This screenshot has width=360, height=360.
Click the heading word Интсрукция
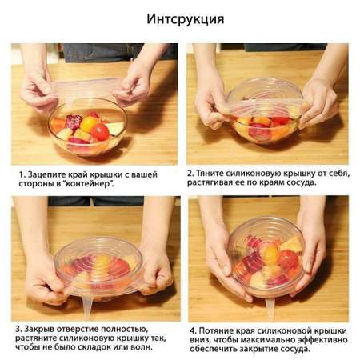coord(186,19)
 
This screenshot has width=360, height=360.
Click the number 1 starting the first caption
coord(22,175)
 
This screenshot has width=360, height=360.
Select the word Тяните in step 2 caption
coord(210,174)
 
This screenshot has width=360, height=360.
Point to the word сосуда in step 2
coord(300,183)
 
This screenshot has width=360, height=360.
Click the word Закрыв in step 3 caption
coord(39,329)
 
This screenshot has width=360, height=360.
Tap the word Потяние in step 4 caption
coord(216,331)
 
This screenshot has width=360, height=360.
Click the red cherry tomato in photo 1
coord(100,132)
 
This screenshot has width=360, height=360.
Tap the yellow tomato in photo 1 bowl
coord(89,123)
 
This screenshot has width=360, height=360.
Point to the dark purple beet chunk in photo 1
coord(74,122)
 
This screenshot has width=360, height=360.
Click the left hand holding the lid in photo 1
coord(38,92)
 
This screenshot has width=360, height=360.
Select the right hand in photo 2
coord(318,102)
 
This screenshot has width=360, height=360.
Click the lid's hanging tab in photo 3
coord(87,306)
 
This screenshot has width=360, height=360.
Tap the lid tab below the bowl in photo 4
coord(270,310)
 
